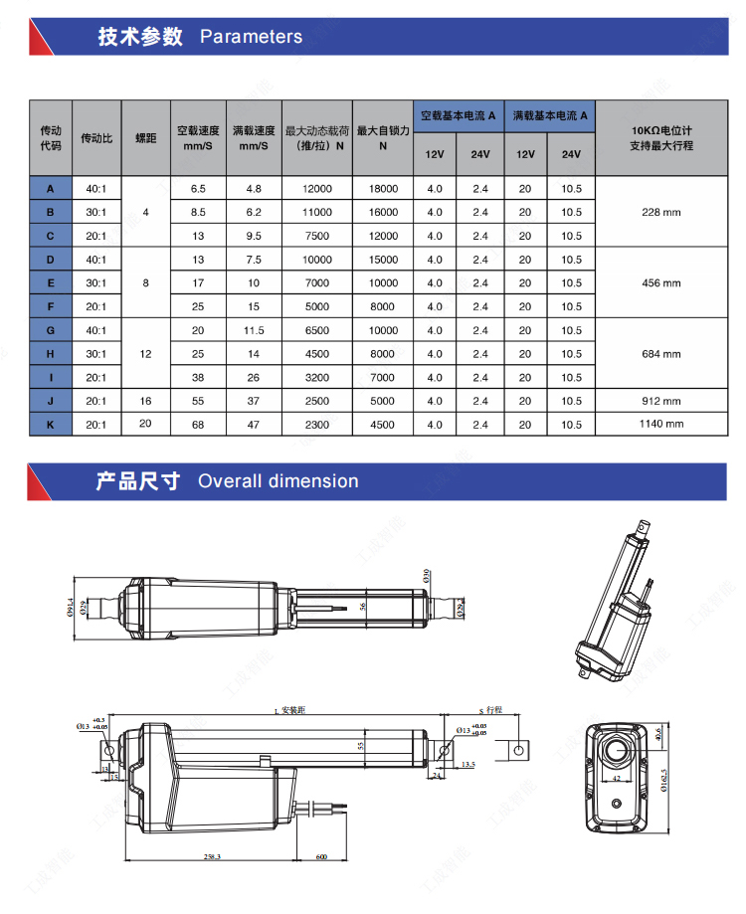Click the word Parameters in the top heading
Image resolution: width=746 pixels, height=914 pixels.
tap(251, 37)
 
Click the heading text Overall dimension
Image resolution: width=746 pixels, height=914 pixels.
tap(278, 481)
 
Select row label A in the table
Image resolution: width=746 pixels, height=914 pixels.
tap(51, 188)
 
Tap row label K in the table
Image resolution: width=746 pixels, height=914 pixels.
tap(51, 425)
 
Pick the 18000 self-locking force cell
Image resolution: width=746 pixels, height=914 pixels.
tap(383, 188)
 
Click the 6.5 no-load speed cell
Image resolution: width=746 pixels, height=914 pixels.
tap(198, 188)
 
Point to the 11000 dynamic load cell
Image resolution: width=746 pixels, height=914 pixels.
tap(317, 212)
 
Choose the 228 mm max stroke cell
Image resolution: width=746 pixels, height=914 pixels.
tap(661, 212)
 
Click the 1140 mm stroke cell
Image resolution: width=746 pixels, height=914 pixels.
tap(661, 425)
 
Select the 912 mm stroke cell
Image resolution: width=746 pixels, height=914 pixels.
tap(661, 401)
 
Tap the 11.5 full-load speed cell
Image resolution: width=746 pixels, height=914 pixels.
tap(254, 330)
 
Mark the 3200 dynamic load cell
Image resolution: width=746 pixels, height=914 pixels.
tap(317, 378)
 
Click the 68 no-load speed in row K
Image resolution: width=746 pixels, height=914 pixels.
tap(198, 425)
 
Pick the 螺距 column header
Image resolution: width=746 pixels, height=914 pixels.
tap(145, 137)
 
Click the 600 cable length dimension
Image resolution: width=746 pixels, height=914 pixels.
tap(322, 855)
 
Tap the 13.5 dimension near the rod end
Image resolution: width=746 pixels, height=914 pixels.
tap(469, 765)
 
